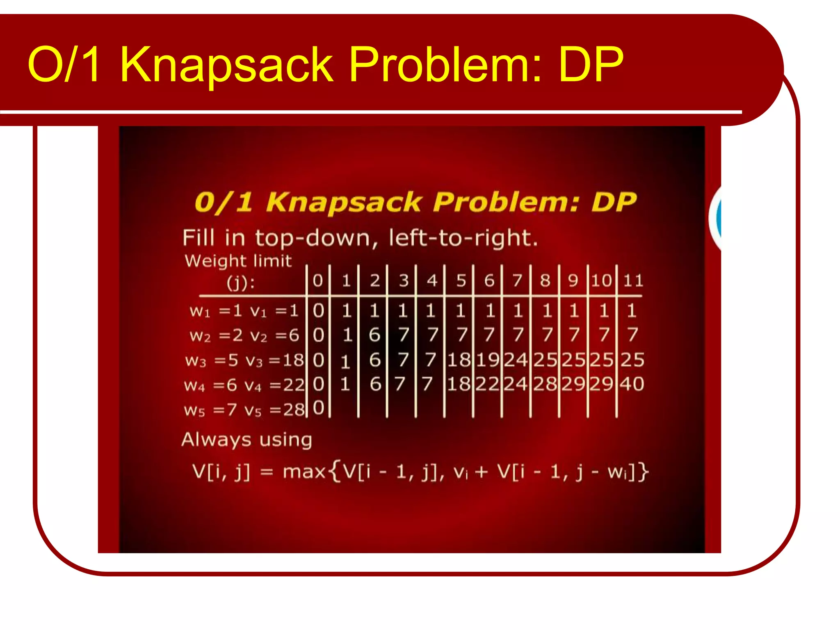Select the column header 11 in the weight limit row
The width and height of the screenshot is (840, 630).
[x=633, y=281]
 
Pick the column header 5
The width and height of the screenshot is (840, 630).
[x=461, y=281]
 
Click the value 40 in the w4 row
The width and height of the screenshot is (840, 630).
[x=632, y=384]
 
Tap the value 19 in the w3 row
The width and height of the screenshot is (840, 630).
[x=488, y=360]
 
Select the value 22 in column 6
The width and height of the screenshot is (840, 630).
[x=487, y=384]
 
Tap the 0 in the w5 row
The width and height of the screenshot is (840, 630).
[x=319, y=408]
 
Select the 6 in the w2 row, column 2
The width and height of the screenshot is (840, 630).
[x=374, y=335]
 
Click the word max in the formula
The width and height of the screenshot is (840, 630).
[x=304, y=472]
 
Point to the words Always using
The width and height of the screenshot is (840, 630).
[x=247, y=440]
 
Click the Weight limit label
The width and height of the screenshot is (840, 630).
[x=238, y=261]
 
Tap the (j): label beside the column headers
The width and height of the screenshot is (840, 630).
[x=241, y=283]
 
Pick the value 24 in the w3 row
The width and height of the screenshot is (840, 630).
[x=516, y=360]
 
